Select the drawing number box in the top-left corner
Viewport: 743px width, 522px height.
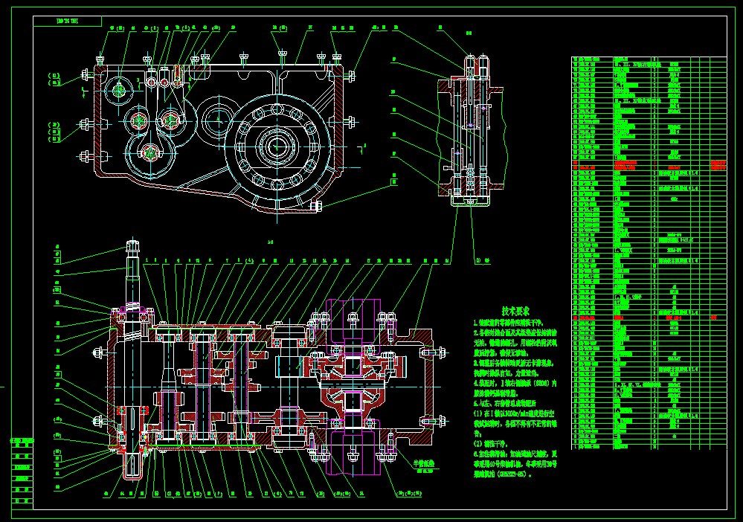67,22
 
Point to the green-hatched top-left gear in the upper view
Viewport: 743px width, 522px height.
118,90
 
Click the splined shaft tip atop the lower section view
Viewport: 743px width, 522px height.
134,248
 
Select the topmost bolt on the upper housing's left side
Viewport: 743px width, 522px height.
86,75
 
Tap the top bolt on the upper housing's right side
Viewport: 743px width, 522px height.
350,75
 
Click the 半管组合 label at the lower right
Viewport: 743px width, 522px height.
425,463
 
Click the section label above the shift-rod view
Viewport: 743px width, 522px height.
469,33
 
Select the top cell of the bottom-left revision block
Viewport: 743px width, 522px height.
22,441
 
